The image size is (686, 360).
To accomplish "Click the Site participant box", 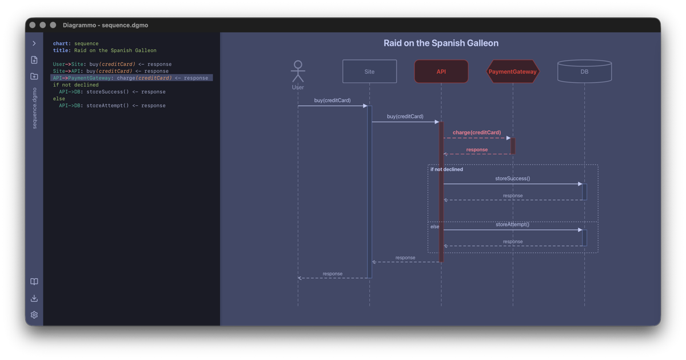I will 369,71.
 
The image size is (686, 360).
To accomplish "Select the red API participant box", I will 441,71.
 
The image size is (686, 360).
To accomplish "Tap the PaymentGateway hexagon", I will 512,71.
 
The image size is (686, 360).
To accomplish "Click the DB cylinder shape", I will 584,71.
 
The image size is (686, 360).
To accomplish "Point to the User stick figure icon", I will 298,71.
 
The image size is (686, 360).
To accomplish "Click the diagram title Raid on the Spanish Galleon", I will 441,43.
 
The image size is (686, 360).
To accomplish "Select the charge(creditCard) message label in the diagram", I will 477,133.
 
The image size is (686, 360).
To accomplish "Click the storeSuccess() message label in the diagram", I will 512,179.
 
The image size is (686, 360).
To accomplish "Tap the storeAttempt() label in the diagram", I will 512,225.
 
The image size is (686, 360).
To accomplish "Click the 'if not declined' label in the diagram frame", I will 446,170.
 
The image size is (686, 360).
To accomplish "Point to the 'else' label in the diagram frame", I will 435,227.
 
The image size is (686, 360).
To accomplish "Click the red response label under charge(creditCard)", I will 477,150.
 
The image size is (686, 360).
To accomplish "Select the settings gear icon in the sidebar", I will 34,315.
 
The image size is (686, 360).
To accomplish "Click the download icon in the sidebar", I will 34,298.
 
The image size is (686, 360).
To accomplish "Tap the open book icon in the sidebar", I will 34,282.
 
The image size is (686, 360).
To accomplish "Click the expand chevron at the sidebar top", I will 34,43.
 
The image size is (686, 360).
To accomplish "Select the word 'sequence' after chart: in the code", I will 86,43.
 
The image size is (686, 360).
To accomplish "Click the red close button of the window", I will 33,25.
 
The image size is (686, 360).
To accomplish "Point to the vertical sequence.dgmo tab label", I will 34,108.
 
